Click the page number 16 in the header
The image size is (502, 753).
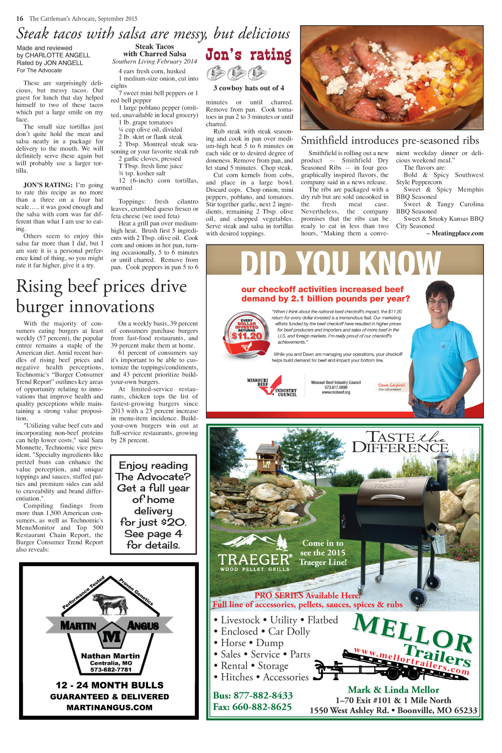(20, 19)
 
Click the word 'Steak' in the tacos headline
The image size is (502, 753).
(33, 34)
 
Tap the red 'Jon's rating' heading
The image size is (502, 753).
(248, 55)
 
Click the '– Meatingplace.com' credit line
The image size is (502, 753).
(455, 233)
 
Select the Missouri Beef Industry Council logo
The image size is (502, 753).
(272, 387)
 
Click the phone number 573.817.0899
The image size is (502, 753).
(335, 388)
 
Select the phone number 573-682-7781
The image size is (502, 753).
(110, 670)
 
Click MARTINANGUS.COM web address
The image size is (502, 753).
(109, 707)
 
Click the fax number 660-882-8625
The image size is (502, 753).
(252, 707)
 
